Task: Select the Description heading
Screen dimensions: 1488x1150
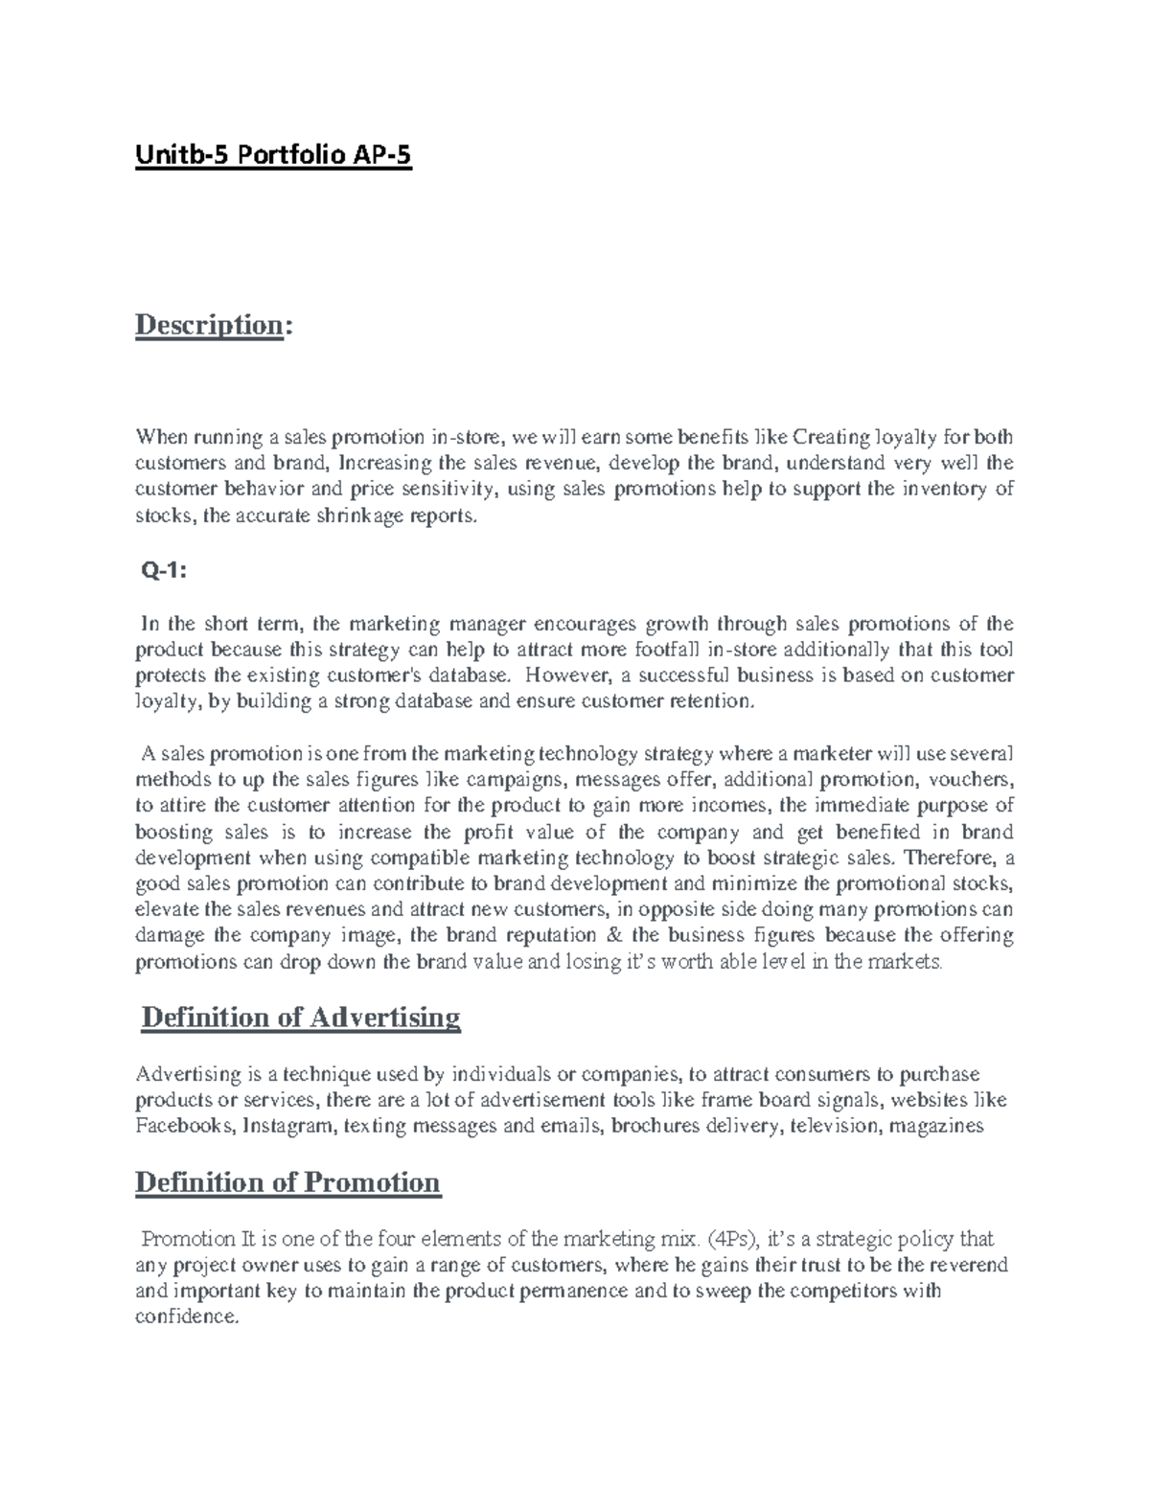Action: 209,325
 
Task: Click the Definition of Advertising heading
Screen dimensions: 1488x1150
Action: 300,1017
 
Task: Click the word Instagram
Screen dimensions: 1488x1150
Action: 289,1126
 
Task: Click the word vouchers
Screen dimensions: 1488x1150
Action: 970,779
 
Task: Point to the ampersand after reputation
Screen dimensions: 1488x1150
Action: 613,935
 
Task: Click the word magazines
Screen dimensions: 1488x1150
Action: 936,1126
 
